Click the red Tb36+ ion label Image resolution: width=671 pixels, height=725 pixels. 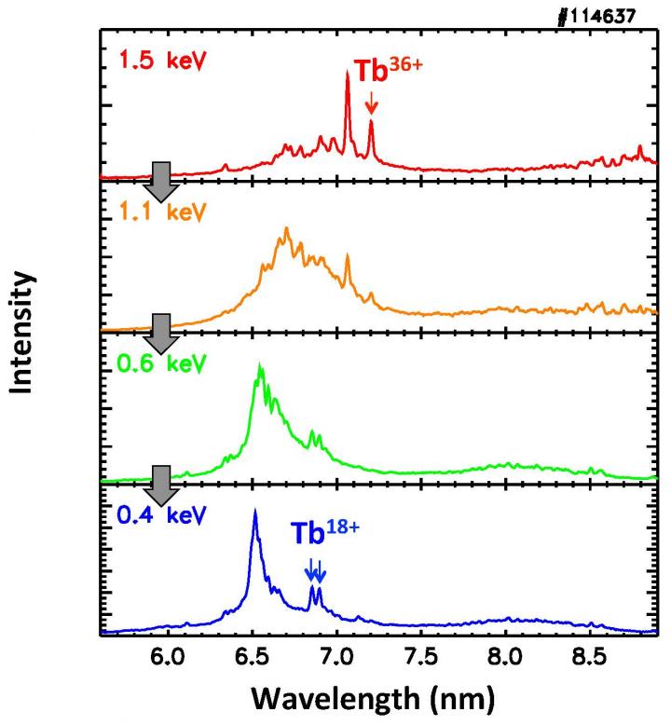coord(387,72)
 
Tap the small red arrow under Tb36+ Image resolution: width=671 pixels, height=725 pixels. coord(371,103)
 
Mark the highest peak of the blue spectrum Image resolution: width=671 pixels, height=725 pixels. coord(254,513)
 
